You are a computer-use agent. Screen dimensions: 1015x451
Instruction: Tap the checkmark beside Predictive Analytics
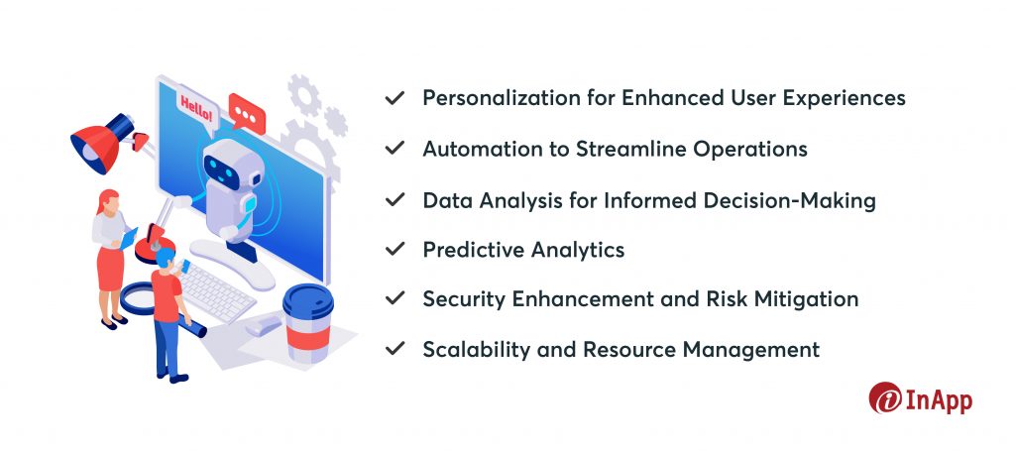(x=395, y=249)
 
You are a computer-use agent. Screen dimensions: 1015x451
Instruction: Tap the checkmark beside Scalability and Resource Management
(x=395, y=350)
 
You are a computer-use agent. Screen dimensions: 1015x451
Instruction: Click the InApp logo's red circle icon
(x=885, y=397)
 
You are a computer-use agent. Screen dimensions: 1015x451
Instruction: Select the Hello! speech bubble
(x=196, y=110)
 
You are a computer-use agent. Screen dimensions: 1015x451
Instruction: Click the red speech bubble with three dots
(x=247, y=113)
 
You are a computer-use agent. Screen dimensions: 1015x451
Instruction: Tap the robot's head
(x=228, y=169)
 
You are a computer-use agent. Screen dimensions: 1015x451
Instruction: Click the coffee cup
(x=308, y=322)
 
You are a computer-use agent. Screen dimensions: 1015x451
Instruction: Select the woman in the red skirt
(x=111, y=259)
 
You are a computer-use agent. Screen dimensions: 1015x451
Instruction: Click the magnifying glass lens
(x=138, y=298)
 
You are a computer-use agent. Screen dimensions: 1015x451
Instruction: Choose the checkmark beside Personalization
(x=395, y=98)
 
